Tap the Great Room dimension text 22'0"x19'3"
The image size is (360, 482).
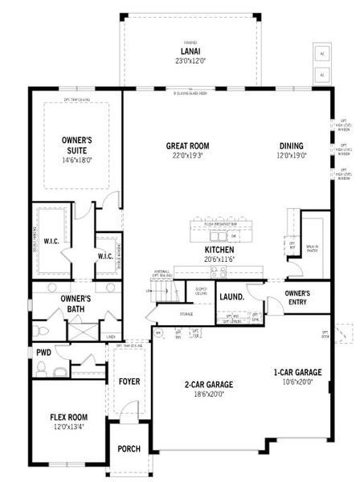point(188,155)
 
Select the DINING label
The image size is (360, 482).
point(291,145)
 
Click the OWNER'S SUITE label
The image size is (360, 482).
point(77,145)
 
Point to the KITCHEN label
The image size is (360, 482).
point(219,250)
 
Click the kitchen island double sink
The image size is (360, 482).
point(216,236)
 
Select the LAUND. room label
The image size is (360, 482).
point(231,296)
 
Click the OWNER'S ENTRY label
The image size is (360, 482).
point(297,298)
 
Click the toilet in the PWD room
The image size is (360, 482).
point(60,371)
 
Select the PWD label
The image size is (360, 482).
point(43,352)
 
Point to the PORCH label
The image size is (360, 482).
point(129,448)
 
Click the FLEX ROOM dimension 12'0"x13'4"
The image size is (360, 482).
point(68,425)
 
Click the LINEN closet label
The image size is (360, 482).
point(111,337)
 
